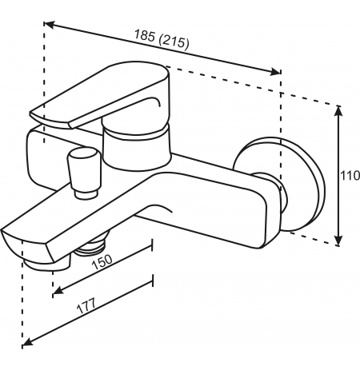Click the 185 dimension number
click(x=144, y=35)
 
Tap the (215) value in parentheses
click(x=174, y=42)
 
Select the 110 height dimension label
click(x=350, y=176)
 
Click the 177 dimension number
click(x=86, y=306)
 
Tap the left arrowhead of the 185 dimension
click(x=50, y=25)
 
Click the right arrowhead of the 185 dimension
click(x=275, y=71)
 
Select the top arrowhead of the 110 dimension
click(x=338, y=111)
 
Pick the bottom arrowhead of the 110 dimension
click(x=338, y=241)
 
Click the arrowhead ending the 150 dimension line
click(x=58, y=290)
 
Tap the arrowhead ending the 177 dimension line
click(x=27, y=341)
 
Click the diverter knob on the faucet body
click(x=83, y=173)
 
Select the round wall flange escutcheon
click(x=306, y=184)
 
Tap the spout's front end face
click(x=28, y=245)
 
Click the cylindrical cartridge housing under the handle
click(x=136, y=147)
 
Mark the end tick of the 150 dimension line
click(x=152, y=245)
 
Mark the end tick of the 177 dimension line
click(x=153, y=280)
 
